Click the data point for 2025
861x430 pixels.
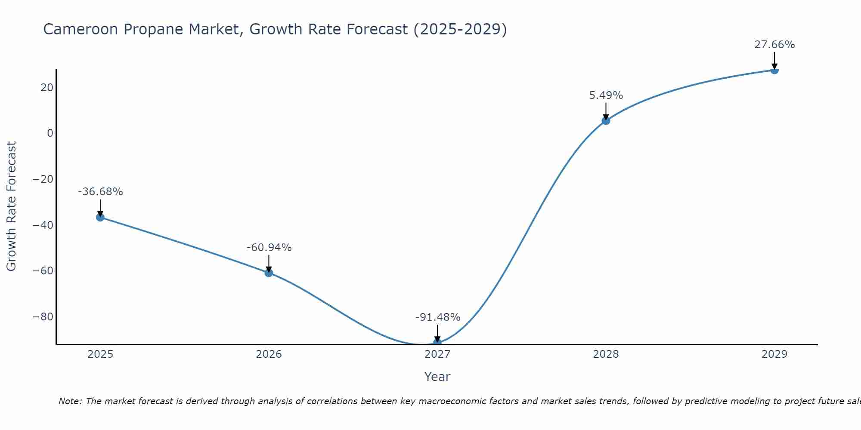(x=100, y=217)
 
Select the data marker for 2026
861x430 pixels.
(x=269, y=273)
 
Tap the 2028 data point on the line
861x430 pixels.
(x=606, y=121)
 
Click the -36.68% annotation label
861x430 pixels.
(x=100, y=192)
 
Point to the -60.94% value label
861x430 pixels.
(x=269, y=248)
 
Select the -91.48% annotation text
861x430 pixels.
(x=438, y=317)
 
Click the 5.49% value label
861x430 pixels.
(x=606, y=95)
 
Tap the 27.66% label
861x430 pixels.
(x=774, y=45)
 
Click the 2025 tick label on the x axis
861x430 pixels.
(x=100, y=354)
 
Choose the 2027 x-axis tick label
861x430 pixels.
(x=437, y=354)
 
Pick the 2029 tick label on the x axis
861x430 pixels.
(x=774, y=354)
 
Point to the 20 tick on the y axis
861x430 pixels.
(x=47, y=88)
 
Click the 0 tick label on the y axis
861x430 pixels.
(x=50, y=133)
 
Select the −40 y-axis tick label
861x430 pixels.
(x=43, y=225)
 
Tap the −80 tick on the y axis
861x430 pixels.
(x=43, y=317)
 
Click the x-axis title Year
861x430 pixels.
(x=437, y=377)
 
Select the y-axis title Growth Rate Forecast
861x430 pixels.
(x=11, y=206)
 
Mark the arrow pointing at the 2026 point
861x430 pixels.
(x=269, y=263)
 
